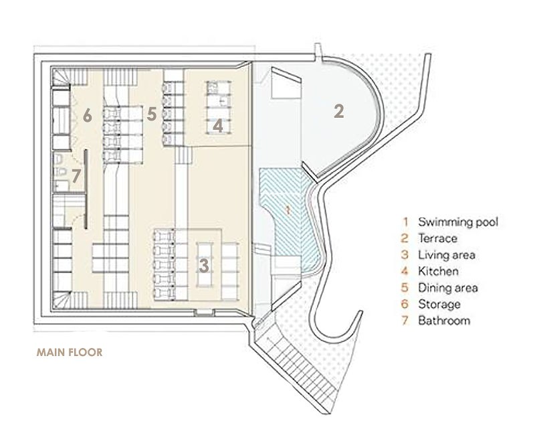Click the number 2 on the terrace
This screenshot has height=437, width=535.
[338, 112]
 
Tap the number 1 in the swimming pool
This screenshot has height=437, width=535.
[288, 209]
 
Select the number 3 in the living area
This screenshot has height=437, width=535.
[203, 266]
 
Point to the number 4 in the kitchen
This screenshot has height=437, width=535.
[218, 125]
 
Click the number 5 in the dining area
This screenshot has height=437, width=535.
[152, 114]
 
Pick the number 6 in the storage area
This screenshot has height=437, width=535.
[86, 116]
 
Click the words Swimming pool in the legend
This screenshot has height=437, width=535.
[458, 222]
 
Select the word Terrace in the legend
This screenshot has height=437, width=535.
[437, 238]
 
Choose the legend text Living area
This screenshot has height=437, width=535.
[447, 255]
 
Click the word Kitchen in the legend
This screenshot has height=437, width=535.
[438, 271]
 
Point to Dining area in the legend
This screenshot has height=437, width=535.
[448, 288]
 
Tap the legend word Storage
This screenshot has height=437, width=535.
[439, 304]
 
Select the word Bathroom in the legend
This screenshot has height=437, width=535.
[444, 321]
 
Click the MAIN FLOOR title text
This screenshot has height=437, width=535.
[70, 352]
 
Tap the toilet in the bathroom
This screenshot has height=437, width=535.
[60, 161]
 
